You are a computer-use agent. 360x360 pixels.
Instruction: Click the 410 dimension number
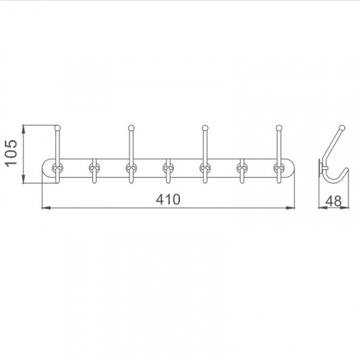[168, 199]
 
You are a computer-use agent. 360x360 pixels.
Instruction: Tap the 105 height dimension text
[12, 153]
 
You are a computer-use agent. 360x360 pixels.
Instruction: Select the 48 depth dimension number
[333, 201]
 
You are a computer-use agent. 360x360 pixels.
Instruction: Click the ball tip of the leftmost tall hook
[58, 127]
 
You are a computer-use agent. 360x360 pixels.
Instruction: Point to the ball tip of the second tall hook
[131, 127]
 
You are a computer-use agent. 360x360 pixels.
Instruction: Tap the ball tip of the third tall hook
[204, 127]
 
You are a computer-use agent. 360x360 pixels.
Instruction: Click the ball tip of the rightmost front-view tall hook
[279, 127]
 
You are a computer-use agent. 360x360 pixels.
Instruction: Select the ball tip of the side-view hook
[342, 127]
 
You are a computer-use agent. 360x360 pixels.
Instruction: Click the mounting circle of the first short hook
[94, 168]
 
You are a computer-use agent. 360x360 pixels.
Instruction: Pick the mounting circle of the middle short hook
[168, 168]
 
